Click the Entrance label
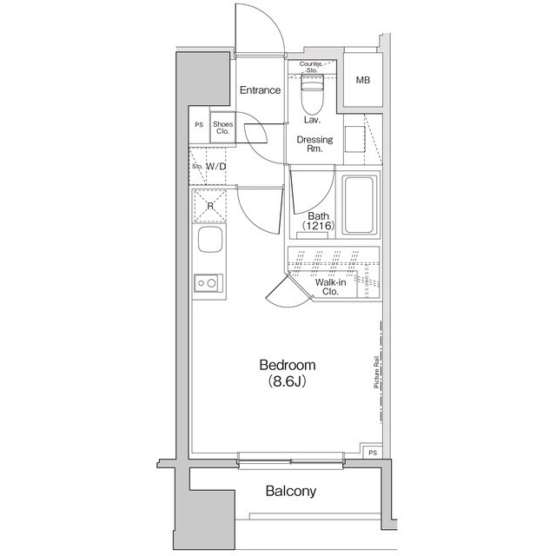pyautogui.click(x=260, y=90)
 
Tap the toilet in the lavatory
pyautogui.click(x=312, y=94)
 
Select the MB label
pyautogui.click(x=363, y=80)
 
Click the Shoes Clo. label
pyautogui.click(x=222, y=128)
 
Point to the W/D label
pyautogui.click(x=215, y=166)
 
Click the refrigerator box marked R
pyautogui.click(x=210, y=207)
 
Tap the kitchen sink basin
pyautogui.click(x=210, y=240)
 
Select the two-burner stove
pyautogui.click(x=208, y=283)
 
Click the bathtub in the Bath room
pyautogui.click(x=359, y=205)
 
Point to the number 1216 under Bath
pyautogui.click(x=319, y=226)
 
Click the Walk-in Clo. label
pyautogui.click(x=330, y=287)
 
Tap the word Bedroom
pyautogui.click(x=288, y=365)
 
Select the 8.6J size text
pyautogui.click(x=288, y=381)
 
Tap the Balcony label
pyautogui.click(x=291, y=491)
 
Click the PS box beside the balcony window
pyautogui.click(x=373, y=453)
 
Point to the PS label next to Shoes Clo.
pyautogui.click(x=199, y=125)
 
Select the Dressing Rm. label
pyautogui.click(x=314, y=144)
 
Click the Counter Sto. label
pyautogui.click(x=311, y=67)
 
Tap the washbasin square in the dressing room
pyautogui.click(x=354, y=139)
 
